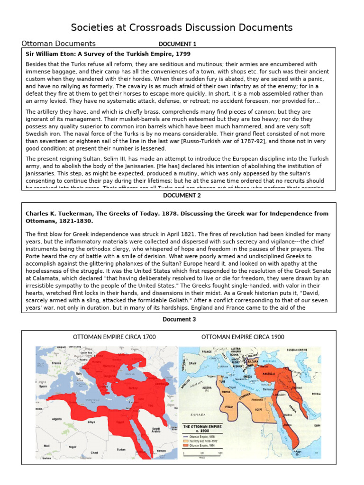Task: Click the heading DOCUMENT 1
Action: click(177, 44)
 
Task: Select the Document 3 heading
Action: click(179, 319)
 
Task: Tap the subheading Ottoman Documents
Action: click(59, 44)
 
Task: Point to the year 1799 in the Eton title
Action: click(183, 54)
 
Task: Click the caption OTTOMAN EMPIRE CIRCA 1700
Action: click(114, 337)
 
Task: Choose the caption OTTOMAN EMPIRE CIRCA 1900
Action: click(243, 337)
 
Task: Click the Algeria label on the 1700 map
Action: click(57, 419)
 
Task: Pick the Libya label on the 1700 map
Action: click(92, 421)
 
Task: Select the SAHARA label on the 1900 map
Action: click(198, 414)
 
